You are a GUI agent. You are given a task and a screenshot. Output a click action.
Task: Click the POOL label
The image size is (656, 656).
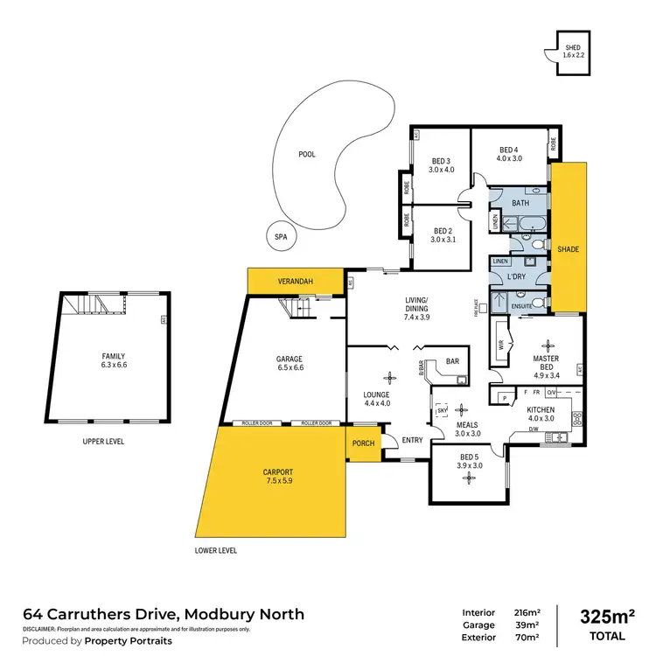pos(306,154)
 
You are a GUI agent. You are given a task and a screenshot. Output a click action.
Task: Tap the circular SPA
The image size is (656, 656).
pos(281,236)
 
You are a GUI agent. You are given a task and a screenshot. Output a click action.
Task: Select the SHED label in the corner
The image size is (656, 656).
pos(572,47)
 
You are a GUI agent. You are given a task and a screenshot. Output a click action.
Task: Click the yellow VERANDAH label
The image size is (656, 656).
pos(295,282)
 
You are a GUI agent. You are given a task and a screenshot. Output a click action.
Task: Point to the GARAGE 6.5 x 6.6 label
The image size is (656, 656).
pos(290,363)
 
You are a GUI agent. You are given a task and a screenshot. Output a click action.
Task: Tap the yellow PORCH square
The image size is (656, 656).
pos(363,443)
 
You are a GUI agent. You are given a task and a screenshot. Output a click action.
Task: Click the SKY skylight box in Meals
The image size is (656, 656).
pos(442,409)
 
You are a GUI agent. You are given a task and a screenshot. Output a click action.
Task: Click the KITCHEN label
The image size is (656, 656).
pos(541,408)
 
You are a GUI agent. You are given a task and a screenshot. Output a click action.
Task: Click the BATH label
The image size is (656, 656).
pos(520,203)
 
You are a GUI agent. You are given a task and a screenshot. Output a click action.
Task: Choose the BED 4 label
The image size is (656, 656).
pos(509,149)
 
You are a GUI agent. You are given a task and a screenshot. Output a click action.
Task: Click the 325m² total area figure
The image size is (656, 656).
pos(606,617)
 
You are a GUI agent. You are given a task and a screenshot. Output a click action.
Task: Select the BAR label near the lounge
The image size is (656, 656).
pos(452,360)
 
